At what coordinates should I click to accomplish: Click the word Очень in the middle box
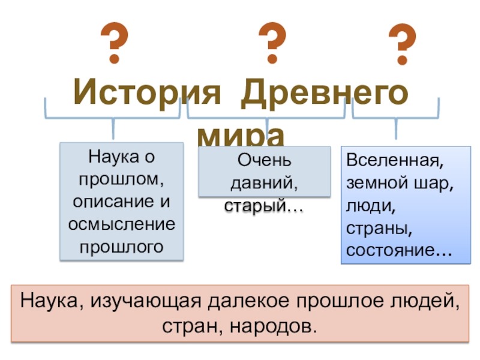point(264,160)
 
